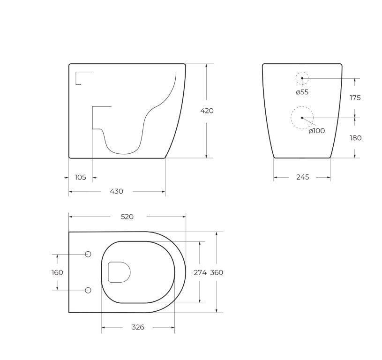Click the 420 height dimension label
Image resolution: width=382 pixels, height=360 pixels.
click(207, 111)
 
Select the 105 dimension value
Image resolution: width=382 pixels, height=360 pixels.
click(81, 177)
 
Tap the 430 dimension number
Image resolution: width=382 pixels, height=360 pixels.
click(116, 191)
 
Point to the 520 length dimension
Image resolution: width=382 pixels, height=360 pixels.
click(127, 217)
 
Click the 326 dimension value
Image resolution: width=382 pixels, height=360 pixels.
click(137, 327)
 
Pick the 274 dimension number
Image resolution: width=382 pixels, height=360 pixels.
click(200, 272)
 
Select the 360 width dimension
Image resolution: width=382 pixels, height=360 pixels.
click(217, 272)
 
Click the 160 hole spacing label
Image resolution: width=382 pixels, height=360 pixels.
click(57, 272)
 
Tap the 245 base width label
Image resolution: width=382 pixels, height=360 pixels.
click(302, 177)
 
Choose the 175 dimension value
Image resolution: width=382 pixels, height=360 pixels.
click(355, 97)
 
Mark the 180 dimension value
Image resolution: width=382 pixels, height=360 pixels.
click(355, 138)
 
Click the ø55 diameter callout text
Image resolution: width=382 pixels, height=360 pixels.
click(302, 92)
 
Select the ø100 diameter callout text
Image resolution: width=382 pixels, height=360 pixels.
click(317, 131)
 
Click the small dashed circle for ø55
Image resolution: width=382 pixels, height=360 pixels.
click(302, 78)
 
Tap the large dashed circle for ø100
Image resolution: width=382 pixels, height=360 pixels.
click(302, 118)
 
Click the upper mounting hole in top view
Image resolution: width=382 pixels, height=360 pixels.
click(88, 254)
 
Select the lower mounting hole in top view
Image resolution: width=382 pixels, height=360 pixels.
click(88, 291)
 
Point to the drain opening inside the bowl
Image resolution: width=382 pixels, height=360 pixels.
click(119, 272)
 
